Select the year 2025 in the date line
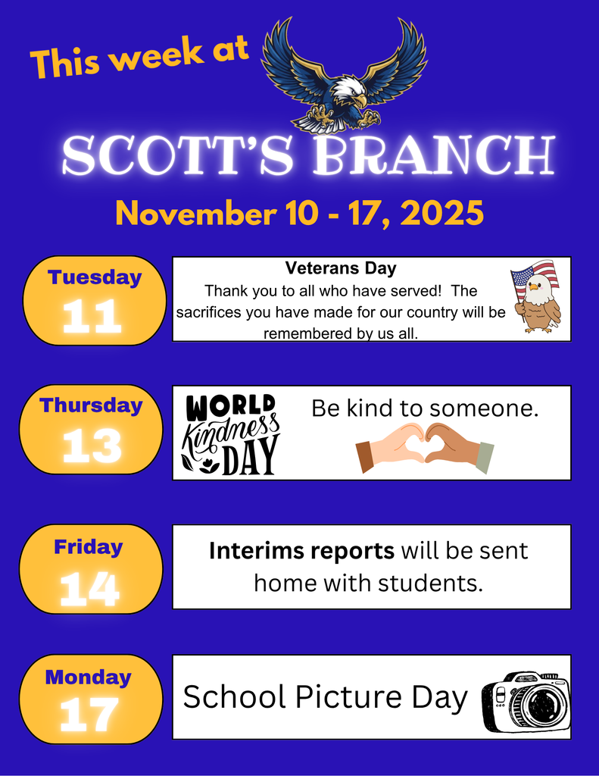[441, 213]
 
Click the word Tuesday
[95, 277]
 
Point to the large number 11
[92, 317]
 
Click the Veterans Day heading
[341, 268]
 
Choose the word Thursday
[92, 405]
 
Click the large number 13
[92, 446]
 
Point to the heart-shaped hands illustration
[425, 446]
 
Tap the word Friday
[88, 546]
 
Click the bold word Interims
[258, 551]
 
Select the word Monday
[88, 677]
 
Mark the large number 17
[89, 714]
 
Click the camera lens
[542, 705]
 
